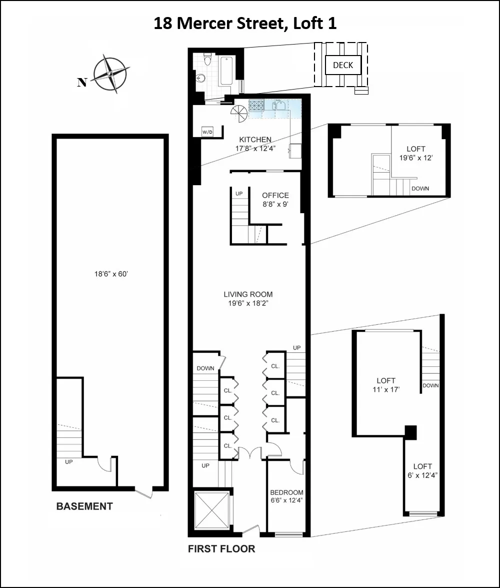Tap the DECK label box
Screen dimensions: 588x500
tap(343, 65)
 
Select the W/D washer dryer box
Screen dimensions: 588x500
tap(206, 132)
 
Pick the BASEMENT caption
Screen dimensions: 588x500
tap(84, 506)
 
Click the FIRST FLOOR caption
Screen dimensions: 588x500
tap(221, 549)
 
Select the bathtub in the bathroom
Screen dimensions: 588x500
tap(226, 71)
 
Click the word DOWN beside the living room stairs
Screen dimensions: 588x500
tap(205, 368)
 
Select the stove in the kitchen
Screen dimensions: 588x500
tap(256, 106)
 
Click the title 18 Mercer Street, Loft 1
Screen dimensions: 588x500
tap(245, 24)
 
